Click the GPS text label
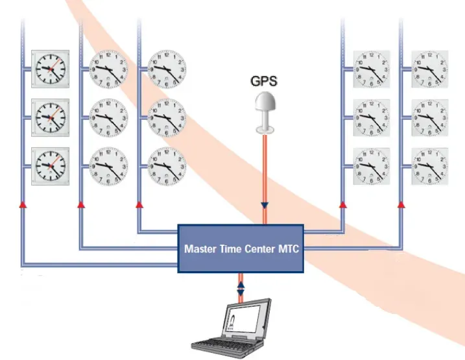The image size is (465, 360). point(265,82)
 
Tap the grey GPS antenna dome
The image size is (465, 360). point(265,104)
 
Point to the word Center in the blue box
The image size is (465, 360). point(261,248)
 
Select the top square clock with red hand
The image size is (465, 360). point(51,68)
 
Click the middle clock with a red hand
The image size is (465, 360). point(51,117)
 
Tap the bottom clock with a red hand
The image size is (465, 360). point(51,166)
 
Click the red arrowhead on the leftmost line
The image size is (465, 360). point(23,204)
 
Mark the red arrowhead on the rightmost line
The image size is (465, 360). point(401,204)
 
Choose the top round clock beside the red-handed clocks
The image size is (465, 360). point(108,68)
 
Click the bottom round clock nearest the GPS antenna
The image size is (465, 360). point(167,166)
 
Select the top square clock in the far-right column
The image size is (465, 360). point(429,68)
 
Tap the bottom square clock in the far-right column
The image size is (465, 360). point(429,166)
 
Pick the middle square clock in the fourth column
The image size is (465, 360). point(371,117)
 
